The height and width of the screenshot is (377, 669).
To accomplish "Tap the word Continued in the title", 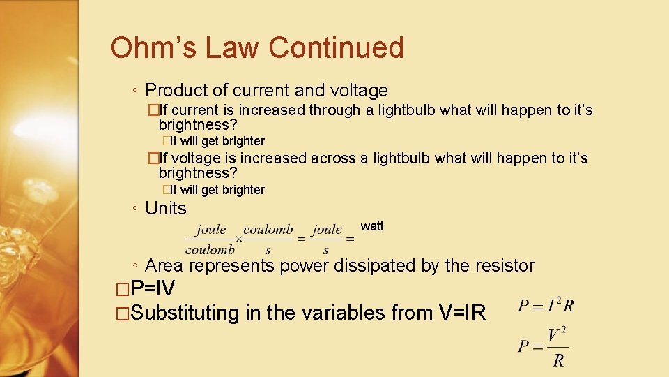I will point(336,48).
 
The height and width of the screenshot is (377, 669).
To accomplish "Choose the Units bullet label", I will point(166,209).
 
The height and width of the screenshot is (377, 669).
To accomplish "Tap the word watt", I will point(372,226).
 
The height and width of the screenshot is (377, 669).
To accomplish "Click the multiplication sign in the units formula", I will point(238,239).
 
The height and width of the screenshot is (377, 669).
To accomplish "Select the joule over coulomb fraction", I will point(210,239).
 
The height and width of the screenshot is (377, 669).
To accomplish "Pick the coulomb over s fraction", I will point(268,239).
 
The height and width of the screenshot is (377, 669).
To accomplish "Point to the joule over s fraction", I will point(326,239).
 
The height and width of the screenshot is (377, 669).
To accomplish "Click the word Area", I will point(164,266).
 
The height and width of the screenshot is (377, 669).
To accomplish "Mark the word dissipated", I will point(376,266).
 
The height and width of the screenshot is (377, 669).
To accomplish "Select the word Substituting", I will point(185,313).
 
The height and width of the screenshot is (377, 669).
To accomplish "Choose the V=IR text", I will point(462,313).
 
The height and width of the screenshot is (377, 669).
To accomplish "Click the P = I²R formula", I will point(546,306).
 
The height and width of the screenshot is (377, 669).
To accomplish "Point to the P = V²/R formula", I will point(544,347).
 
